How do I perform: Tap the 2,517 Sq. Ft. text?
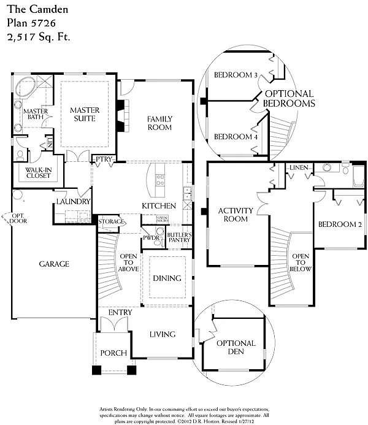(x=39, y=37)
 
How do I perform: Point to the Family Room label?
(x=159, y=123)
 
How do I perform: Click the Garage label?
(x=54, y=264)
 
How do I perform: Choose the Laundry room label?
(x=74, y=201)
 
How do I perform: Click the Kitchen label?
(x=159, y=205)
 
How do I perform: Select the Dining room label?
(x=167, y=278)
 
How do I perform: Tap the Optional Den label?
(x=236, y=348)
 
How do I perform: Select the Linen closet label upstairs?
(x=299, y=167)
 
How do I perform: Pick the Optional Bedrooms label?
(x=288, y=99)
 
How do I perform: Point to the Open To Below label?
(x=301, y=262)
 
